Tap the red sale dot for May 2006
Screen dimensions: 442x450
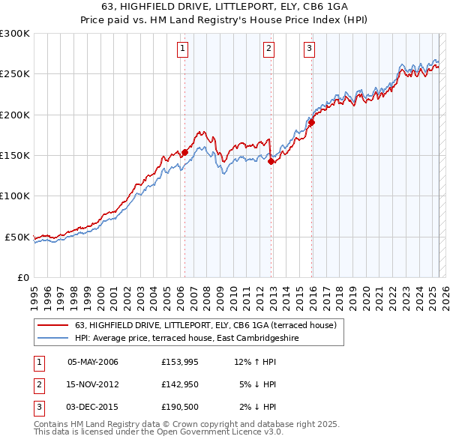pos(184,152)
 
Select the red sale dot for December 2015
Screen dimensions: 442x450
pos(311,123)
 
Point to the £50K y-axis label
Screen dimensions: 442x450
pos(17,237)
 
